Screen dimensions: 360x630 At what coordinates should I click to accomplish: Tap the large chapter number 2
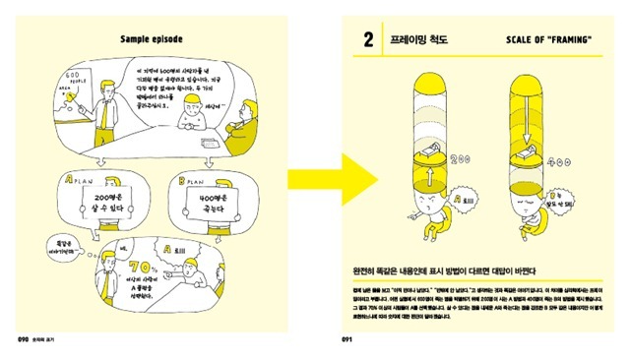(367, 41)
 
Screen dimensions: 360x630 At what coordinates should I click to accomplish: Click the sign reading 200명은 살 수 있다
(107, 207)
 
